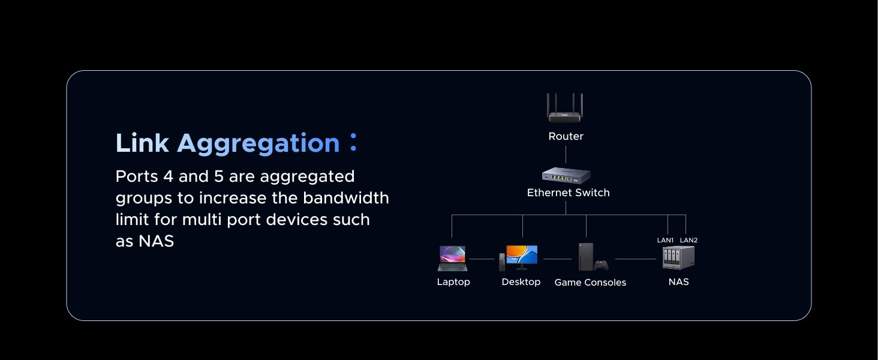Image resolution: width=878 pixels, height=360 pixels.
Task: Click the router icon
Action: (x=566, y=109)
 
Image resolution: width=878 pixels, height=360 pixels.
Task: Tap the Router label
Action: (x=566, y=136)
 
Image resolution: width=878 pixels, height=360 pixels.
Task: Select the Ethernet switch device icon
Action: (x=566, y=175)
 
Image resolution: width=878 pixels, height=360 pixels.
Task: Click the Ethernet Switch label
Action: (x=568, y=193)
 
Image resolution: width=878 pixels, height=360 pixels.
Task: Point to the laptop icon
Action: (x=452, y=258)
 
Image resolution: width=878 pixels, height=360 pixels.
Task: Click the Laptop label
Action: (x=453, y=282)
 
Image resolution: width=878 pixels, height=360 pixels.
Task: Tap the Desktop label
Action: (x=521, y=282)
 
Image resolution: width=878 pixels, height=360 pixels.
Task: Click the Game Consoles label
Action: (x=590, y=283)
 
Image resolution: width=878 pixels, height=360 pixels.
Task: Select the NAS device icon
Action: (x=678, y=257)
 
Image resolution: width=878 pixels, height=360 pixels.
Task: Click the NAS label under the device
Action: (x=678, y=282)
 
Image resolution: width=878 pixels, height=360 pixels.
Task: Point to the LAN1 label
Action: (x=666, y=240)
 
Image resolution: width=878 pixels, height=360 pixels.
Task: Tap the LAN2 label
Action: (x=688, y=240)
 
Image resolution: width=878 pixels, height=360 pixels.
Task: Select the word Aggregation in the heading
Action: (x=258, y=144)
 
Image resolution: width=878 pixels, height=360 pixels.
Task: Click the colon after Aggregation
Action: (x=353, y=143)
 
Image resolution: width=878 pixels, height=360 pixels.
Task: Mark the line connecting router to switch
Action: (x=566, y=154)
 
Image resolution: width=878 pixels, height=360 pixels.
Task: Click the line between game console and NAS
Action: (x=636, y=259)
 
